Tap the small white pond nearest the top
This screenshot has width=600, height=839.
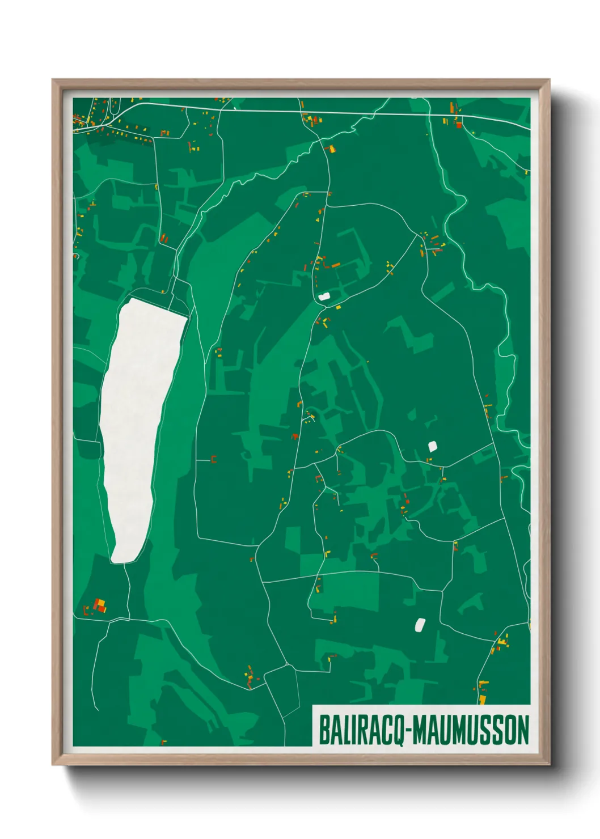tap(324, 296)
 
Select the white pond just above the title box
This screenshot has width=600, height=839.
tap(420, 625)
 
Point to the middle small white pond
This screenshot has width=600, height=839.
tap(433, 446)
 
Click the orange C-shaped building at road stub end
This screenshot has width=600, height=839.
tap(214, 459)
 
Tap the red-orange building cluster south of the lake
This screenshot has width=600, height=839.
tap(99, 605)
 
